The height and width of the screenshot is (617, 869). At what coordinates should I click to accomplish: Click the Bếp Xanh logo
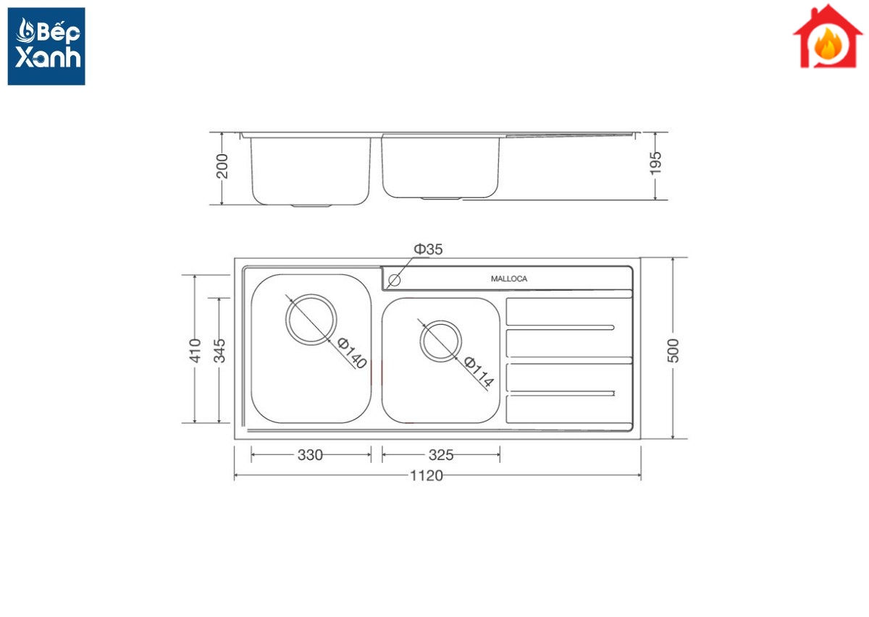[46, 46]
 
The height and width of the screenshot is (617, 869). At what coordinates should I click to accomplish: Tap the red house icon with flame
[828, 36]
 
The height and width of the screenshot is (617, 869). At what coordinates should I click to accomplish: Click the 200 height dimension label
[222, 166]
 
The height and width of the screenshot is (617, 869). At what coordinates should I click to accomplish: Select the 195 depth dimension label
[655, 163]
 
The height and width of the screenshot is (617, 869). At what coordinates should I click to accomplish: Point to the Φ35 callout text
[428, 250]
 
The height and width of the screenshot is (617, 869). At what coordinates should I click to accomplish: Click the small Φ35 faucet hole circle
[394, 280]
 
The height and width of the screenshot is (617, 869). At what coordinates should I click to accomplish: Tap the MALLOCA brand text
[508, 278]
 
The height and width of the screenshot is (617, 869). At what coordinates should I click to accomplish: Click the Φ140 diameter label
[352, 353]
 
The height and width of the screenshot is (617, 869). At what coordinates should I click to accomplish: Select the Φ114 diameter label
[479, 372]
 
